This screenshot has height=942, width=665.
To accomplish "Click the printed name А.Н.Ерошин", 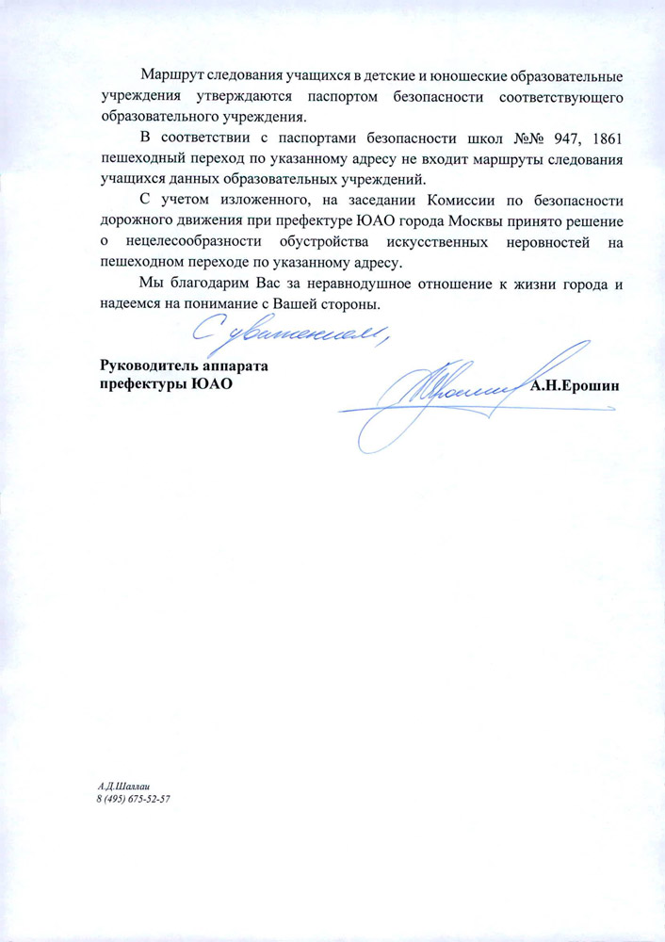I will click(576, 384).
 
